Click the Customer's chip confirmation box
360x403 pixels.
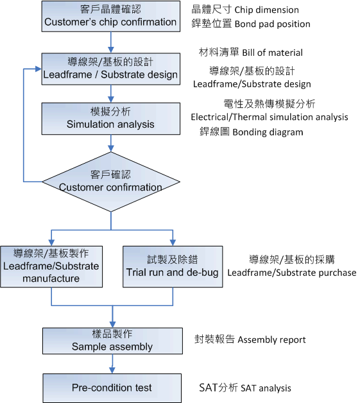click(111, 16)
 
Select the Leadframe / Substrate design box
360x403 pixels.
click(111, 69)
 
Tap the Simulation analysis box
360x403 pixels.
click(111, 119)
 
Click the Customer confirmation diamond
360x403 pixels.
click(111, 182)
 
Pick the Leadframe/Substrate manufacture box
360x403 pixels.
click(51, 266)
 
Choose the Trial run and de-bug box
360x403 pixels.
click(173, 266)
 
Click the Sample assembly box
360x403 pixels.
click(112, 341)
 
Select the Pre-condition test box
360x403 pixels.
click(112, 388)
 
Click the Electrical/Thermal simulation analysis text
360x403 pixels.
click(270, 117)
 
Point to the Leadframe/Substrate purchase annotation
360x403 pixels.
click(292, 273)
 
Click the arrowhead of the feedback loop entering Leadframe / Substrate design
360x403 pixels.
click(39, 69)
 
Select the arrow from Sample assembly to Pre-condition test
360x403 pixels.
click(112, 364)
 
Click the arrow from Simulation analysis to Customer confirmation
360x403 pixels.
click(111, 143)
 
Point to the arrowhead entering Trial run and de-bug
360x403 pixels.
click(173, 243)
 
